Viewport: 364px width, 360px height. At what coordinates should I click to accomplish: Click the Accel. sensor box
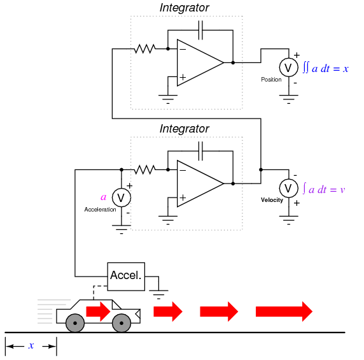point(126,277)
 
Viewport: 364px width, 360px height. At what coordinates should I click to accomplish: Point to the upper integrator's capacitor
point(200,30)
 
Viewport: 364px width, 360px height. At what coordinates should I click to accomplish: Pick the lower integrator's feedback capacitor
point(200,151)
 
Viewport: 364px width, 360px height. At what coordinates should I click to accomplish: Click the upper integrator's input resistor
point(145,49)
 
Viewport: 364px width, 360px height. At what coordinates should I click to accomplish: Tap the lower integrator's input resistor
point(145,169)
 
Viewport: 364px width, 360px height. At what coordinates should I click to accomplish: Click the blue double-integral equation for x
point(326,68)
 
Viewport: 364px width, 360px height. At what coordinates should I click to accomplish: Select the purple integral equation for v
point(324,189)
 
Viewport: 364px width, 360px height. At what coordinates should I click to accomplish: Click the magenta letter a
point(103,198)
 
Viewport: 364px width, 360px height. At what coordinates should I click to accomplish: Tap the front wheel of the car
point(122,323)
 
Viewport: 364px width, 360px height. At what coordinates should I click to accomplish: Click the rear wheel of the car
point(75,323)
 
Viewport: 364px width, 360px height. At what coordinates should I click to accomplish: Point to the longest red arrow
point(284,312)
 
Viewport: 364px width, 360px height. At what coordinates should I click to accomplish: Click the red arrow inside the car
point(98,312)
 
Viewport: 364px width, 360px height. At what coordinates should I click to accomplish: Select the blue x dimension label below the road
point(31,345)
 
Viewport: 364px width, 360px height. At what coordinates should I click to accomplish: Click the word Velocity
point(272,200)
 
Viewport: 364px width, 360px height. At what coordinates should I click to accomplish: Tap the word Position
point(271,80)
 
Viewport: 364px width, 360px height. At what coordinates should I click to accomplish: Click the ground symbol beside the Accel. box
point(158,294)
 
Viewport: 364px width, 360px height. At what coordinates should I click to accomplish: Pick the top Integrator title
point(185,8)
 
